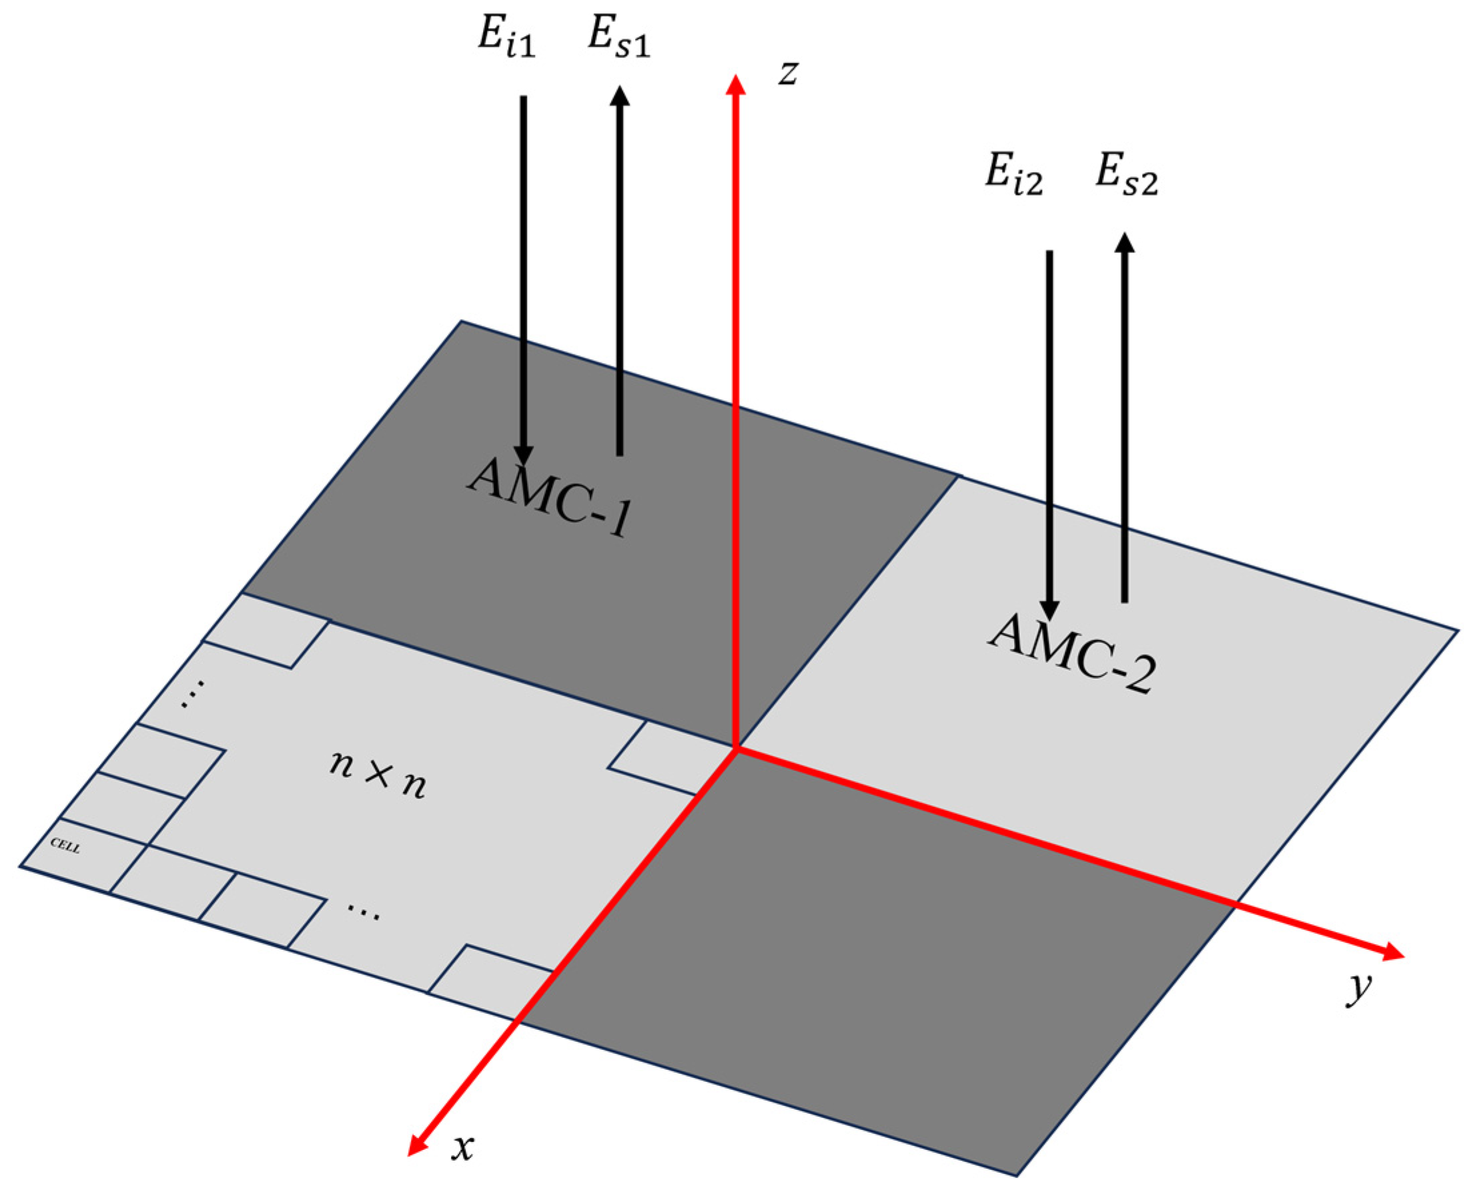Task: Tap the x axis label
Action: click(463, 1147)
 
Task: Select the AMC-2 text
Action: click(1073, 654)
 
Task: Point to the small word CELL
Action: click(66, 846)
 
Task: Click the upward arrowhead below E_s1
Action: click(619, 96)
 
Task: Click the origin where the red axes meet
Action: click(735, 749)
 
